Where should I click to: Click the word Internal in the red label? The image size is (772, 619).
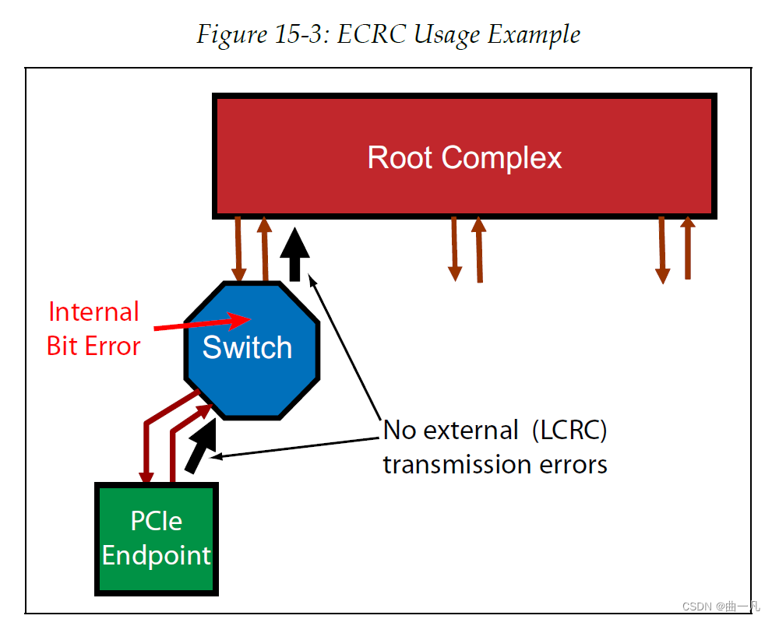93,312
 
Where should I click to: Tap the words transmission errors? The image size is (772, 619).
495,465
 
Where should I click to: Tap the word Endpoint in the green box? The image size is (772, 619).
156,555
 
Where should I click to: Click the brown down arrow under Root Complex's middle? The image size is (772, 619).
454,249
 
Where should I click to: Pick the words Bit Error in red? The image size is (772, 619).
93,346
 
